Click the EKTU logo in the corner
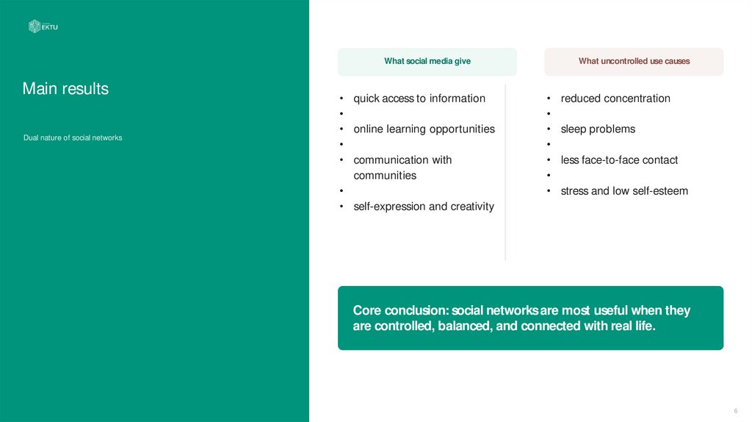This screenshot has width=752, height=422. pyautogui.click(x=43, y=26)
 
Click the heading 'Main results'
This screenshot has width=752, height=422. pyautogui.click(x=65, y=89)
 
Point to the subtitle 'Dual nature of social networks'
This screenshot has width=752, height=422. pyautogui.click(x=72, y=137)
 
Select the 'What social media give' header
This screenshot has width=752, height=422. pyautogui.click(x=427, y=62)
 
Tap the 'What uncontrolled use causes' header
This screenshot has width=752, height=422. pyautogui.click(x=634, y=62)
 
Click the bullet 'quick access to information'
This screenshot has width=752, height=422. pyautogui.click(x=419, y=99)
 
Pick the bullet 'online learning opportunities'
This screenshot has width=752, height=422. pyautogui.click(x=424, y=129)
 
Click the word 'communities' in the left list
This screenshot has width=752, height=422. pyautogui.click(x=385, y=176)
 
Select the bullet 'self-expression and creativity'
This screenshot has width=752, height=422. pyautogui.click(x=424, y=207)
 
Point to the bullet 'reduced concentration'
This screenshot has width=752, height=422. pyautogui.click(x=615, y=99)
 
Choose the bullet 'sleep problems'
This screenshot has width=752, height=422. pyautogui.click(x=598, y=129)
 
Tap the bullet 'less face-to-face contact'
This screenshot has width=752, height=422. pyautogui.click(x=619, y=160)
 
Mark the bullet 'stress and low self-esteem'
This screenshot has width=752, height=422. pyautogui.click(x=624, y=191)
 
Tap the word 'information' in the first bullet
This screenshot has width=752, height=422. pyautogui.click(x=458, y=99)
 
